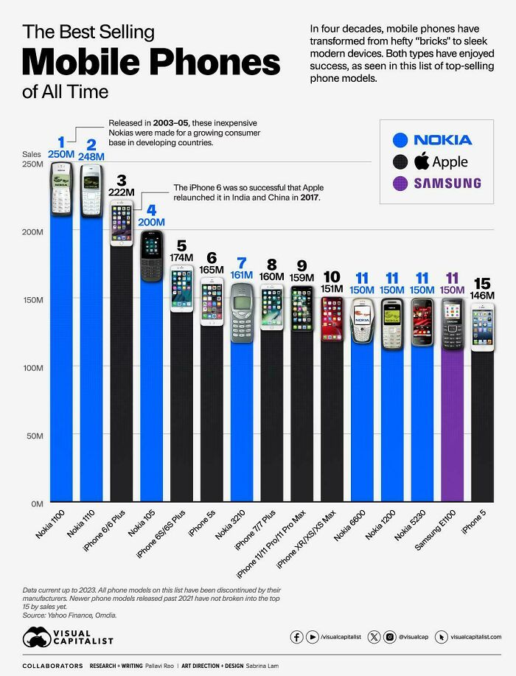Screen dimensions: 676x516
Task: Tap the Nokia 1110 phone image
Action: click(91, 190)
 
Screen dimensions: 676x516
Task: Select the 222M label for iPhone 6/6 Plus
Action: click(121, 192)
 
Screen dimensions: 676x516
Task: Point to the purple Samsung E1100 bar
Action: click(453, 428)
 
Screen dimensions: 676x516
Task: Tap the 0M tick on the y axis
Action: click(36, 503)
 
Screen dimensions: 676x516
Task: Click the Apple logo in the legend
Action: click(422, 161)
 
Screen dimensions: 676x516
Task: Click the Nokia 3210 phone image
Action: click(242, 312)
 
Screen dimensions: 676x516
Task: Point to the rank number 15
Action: click(482, 283)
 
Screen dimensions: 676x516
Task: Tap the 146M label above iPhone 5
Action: click(482, 296)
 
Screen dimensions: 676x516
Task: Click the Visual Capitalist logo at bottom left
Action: click(68, 638)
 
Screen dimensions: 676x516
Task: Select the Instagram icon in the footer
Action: click(390, 637)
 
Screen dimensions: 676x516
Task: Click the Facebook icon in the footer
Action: click(297, 637)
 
